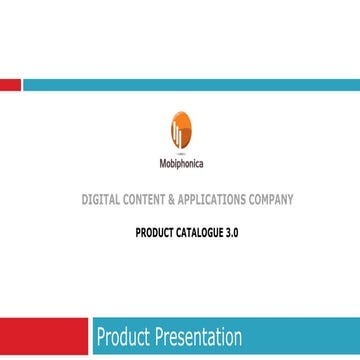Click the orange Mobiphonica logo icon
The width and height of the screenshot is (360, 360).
180,129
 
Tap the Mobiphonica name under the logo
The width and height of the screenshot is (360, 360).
180,164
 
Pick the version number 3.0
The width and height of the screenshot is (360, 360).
233,232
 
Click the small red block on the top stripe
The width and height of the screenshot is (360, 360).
10,86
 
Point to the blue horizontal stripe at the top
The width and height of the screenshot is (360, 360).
190,86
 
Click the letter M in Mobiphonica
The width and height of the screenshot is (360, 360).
163,164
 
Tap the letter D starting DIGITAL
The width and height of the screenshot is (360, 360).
85,200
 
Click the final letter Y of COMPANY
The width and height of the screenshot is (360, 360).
291,200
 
